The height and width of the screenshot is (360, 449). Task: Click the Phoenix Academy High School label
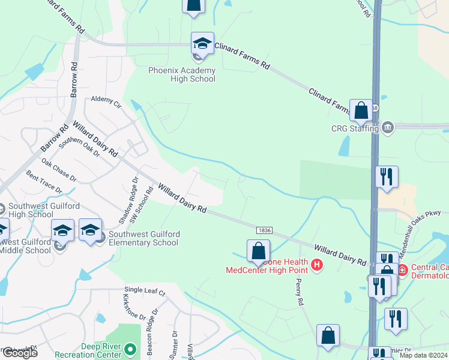(x=182, y=74)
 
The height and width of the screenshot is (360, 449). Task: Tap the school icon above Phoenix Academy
(x=202, y=44)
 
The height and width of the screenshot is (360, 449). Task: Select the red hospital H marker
(x=318, y=264)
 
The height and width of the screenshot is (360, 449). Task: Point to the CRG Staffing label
(x=355, y=128)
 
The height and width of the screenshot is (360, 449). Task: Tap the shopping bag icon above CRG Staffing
(x=361, y=111)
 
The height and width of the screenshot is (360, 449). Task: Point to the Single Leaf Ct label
(x=145, y=291)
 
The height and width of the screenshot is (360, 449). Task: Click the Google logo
(x=19, y=353)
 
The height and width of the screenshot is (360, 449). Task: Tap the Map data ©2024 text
(x=423, y=355)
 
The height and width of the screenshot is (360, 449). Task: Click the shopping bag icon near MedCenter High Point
(x=258, y=251)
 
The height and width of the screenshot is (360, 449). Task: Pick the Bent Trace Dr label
(x=44, y=182)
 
